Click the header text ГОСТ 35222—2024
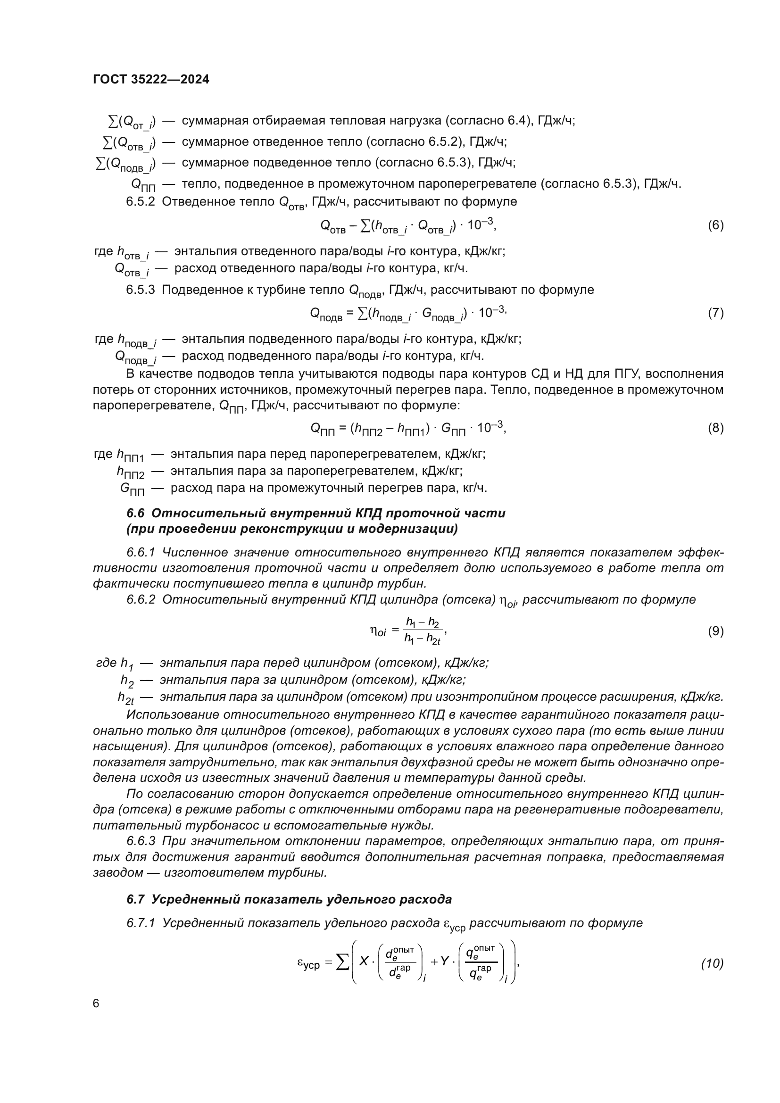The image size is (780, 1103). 151,80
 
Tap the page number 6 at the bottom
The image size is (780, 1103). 96,1003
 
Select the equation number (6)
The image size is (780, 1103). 715,225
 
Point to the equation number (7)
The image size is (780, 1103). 715,313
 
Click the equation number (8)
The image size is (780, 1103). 715,428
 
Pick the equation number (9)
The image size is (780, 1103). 715,631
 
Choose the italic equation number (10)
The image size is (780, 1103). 712,963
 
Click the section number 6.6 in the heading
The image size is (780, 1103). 135,513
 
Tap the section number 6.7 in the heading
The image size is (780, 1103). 135,899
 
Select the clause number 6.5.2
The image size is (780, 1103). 140,202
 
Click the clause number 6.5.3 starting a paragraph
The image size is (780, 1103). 140,290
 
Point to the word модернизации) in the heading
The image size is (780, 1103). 413,529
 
